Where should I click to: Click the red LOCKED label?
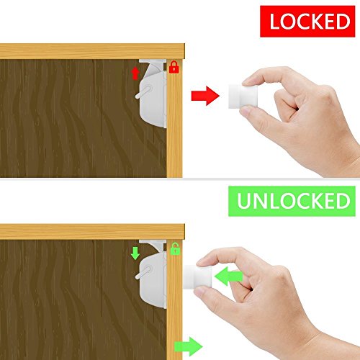click(x=307, y=22)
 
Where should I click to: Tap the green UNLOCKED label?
click(x=292, y=201)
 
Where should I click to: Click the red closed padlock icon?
click(x=174, y=67)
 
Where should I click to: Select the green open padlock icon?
click(x=175, y=248)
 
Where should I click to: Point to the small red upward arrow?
click(x=135, y=73)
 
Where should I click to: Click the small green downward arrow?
click(x=135, y=253)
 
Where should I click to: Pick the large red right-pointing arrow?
click(x=205, y=96)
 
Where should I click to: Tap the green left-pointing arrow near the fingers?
click(x=229, y=276)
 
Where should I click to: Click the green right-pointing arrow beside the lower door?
click(x=189, y=346)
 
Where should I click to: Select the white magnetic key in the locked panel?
click(x=243, y=96)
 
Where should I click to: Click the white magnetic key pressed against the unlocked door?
click(x=197, y=277)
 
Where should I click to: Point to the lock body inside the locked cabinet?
click(x=153, y=100)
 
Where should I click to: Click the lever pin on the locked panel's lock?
click(x=143, y=92)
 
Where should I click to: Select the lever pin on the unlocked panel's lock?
click(x=143, y=272)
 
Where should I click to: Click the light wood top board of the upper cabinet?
click(x=92, y=51)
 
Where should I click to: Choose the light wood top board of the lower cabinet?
click(x=92, y=232)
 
